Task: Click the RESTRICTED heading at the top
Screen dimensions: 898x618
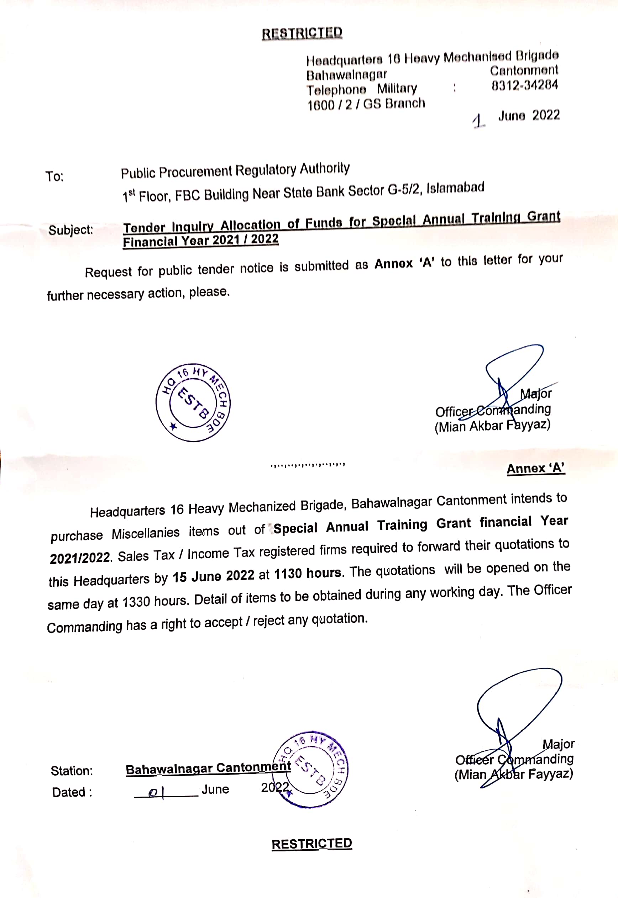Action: pos(302,33)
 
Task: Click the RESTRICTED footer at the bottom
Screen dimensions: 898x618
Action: pos(312,844)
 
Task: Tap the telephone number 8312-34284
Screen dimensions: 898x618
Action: pos(525,85)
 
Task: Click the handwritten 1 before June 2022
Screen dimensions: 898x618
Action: pos(478,121)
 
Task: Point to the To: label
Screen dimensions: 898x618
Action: pos(54,176)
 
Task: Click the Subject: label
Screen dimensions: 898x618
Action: pos(70,230)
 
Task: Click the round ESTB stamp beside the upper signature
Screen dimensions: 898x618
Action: pos(193,402)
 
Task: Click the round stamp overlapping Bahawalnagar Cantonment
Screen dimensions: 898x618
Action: pos(310,770)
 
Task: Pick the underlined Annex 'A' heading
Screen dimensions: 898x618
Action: pos(535,468)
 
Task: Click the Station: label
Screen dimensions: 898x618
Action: pos(72,771)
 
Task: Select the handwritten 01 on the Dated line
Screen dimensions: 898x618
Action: pos(156,793)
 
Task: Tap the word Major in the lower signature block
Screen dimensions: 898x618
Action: pos(558,744)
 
